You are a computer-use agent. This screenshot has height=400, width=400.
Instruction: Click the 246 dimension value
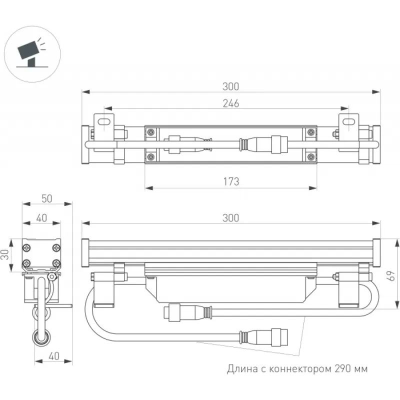(x=230, y=103)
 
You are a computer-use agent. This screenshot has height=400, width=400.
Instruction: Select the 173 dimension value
(x=230, y=181)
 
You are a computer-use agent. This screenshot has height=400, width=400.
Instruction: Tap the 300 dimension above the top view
(x=230, y=86)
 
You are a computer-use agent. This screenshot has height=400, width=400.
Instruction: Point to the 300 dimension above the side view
(x=230, y=218)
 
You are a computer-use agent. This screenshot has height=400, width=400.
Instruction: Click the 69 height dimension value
(x=392, y=274)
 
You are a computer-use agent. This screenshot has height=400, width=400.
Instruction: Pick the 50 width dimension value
(x=46, y=198)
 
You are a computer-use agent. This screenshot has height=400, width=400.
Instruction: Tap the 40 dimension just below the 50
(x=41, y=218)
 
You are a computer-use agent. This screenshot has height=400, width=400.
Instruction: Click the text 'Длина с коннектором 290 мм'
(x=297, y=369)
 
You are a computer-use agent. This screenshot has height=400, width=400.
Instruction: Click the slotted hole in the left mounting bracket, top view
(x=103, y=121)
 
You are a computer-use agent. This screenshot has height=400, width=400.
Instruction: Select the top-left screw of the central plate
(x=150, y=132)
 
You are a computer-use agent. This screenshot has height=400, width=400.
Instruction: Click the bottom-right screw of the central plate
(x=311, y=157)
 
